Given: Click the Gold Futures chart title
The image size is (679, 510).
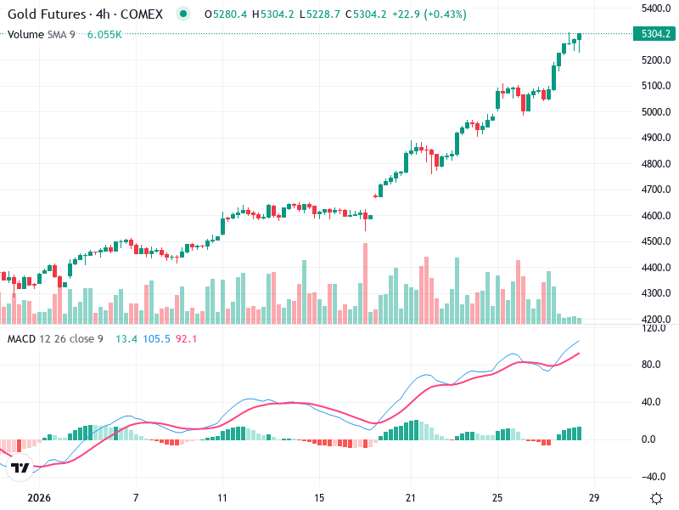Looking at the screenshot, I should click(x=85, y=14).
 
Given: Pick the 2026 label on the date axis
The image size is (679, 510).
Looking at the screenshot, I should click(x=39, y=497).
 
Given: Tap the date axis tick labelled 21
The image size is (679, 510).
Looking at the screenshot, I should click(x=410, y=497).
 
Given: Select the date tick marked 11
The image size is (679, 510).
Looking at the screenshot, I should click(x=222, y=497).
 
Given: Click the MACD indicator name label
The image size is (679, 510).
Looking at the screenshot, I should click(x=22, y=339).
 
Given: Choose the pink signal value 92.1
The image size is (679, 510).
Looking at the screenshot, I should click(x=187, y=339).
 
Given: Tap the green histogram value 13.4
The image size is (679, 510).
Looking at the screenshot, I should click(x=126, y=339).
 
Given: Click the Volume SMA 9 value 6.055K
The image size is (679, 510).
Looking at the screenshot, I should click(x=104, y=34).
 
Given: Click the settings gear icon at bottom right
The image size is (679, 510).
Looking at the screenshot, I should click(x=655, y=497).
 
